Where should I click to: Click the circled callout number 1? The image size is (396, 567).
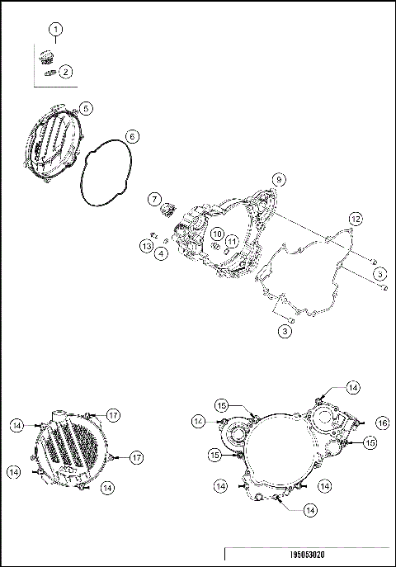[56, 31]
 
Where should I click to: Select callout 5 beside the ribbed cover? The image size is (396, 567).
[87, 108]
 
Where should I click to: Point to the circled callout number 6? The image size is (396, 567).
[131, 135]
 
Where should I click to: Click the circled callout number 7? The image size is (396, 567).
[154, 199]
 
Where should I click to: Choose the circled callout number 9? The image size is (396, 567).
[279, 178]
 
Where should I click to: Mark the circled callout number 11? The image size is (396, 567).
[233, 241]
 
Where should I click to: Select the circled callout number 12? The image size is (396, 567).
[354, 218]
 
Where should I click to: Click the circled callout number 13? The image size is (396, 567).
[146, 246]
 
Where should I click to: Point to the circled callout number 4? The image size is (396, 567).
[162, 253]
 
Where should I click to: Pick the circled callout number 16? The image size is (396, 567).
[381, 422]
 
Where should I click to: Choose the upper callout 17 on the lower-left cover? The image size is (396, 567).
[113, 414]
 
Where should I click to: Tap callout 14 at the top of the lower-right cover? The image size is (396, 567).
[352, 386]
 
